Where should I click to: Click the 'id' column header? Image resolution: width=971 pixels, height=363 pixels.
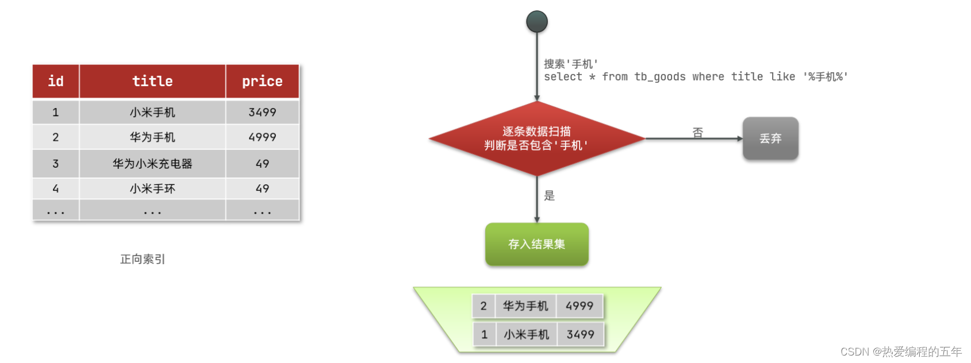pos(56,82)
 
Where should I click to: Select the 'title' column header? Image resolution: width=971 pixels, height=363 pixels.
pos(152,82)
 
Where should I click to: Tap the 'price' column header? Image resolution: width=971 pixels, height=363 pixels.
pos(262,82)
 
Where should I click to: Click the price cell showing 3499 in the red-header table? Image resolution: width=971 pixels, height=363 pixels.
pos(262,113)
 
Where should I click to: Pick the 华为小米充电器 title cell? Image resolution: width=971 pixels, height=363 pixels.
pos(152,164)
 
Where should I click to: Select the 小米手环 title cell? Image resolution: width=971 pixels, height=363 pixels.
pos(152,189)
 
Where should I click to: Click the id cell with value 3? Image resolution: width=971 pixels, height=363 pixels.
pos(56,164)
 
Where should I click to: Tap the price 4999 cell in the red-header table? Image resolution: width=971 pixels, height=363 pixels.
pos(262,137)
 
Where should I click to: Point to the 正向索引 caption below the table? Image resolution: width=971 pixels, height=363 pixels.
pos(143,259)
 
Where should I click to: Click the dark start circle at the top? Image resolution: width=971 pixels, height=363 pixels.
pos(537,22)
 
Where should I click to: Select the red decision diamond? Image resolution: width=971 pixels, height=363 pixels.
pos(536,138)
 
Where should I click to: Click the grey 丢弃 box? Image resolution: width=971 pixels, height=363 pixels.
pos(770,138)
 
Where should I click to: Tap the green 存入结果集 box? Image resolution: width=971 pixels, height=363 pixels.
pos(536,244)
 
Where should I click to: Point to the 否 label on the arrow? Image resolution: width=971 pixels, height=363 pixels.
pos(697,133)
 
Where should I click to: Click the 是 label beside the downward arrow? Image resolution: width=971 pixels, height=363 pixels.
pos(550,196)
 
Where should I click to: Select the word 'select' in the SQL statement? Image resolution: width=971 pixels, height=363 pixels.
pos(563,77)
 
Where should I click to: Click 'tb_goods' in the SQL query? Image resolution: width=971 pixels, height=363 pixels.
pos(660,77)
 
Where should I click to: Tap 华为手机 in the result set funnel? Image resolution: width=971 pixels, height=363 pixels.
pos(525,306)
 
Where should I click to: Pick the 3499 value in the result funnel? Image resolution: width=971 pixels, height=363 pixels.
pos(580,334)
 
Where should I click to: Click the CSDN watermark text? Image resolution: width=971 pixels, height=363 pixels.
pos(901,352)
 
